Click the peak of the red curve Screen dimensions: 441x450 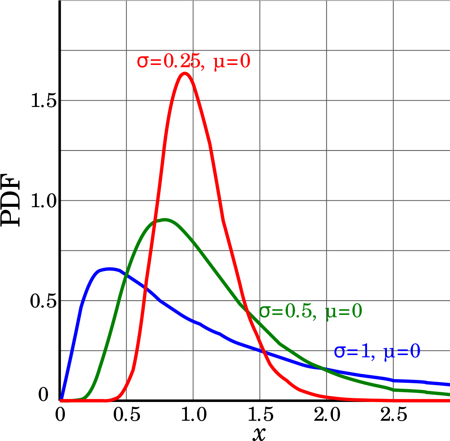click(185, 74)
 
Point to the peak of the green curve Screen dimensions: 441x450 click(164, 220)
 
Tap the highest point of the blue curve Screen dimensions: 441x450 click(109, 269)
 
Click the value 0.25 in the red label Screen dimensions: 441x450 click(182, 62)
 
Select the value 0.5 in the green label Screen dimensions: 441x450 click(298, 311)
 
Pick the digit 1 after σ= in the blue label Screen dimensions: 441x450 click(365, 352)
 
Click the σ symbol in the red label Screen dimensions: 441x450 click(142, 62)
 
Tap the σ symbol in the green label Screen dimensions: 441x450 click(265, 311)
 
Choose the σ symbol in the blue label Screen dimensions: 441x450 click(339, 352)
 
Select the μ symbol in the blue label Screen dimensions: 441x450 click(388, 353)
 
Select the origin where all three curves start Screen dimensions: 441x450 click(61, 400)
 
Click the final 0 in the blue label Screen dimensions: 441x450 click(415, 352)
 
